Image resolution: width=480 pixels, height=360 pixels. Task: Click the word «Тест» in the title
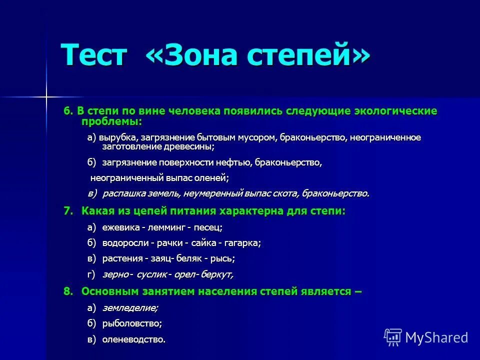94,54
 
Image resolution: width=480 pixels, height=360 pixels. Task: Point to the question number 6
68,111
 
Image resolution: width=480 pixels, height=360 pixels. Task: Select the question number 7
68,211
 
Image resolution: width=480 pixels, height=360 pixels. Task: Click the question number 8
68,291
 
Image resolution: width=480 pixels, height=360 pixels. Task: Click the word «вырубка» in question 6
118,137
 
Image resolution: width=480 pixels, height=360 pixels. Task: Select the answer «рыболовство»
132,323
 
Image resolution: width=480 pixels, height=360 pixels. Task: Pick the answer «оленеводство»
133,339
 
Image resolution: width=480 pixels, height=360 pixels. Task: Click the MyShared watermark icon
393,337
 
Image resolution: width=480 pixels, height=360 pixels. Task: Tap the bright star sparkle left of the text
46,95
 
